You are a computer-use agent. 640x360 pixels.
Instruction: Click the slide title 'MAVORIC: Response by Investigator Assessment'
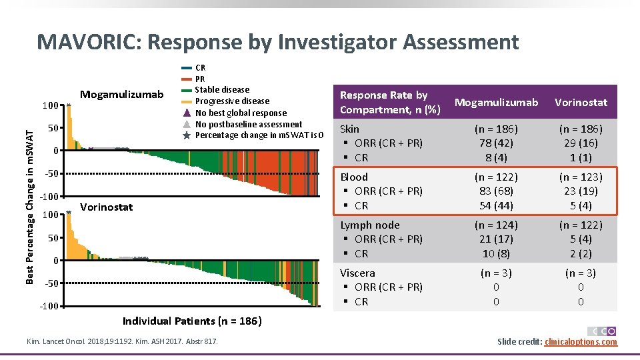click(277, 42)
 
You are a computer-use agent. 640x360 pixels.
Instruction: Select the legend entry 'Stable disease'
click(222, 90)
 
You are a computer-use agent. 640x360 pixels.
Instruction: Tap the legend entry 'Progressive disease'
click(232, 101)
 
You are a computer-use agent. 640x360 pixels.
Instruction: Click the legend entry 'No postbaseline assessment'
click(248, 124)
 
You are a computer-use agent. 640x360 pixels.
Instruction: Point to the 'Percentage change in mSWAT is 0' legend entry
click(259, 135)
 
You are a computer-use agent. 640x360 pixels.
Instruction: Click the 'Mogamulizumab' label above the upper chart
click(121, 95)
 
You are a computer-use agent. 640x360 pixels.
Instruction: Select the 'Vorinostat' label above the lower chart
click(106, 207)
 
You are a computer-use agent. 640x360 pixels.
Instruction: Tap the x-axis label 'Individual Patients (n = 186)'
click(192, 321)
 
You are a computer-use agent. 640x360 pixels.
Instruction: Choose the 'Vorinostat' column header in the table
click(580, 102)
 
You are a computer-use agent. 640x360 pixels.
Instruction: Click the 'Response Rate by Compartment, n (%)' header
click(383, 102)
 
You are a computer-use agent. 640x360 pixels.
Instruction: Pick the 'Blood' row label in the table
click(354, 177)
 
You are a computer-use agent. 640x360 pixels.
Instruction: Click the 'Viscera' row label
click(357, 273)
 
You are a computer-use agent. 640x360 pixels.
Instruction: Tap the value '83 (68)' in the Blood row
click(495, 191)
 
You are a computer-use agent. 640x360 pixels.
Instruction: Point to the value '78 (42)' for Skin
click(495, 143)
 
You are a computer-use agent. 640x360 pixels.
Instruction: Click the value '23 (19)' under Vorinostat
click(580, 191)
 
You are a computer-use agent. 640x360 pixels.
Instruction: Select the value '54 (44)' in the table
click(495, 205)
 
